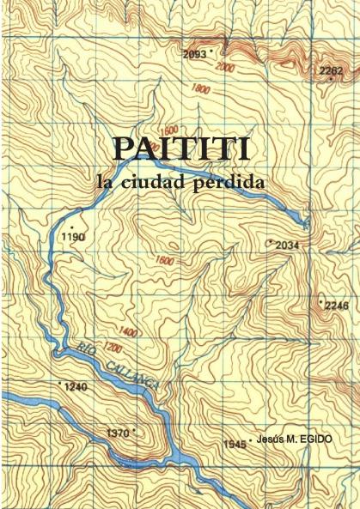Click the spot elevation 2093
(x=195, y=55)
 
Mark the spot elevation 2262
(x=330, y=70)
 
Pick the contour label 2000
(x=226, y=68)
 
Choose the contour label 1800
(x=202, y=88)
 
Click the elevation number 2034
(x=286, y=245)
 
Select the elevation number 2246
(x=337, y=306)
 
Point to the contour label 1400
(x=130, y=331)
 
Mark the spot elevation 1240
(x=76, y=388)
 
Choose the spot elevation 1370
(x=117, y=433)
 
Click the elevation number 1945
(x=235, y=445)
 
